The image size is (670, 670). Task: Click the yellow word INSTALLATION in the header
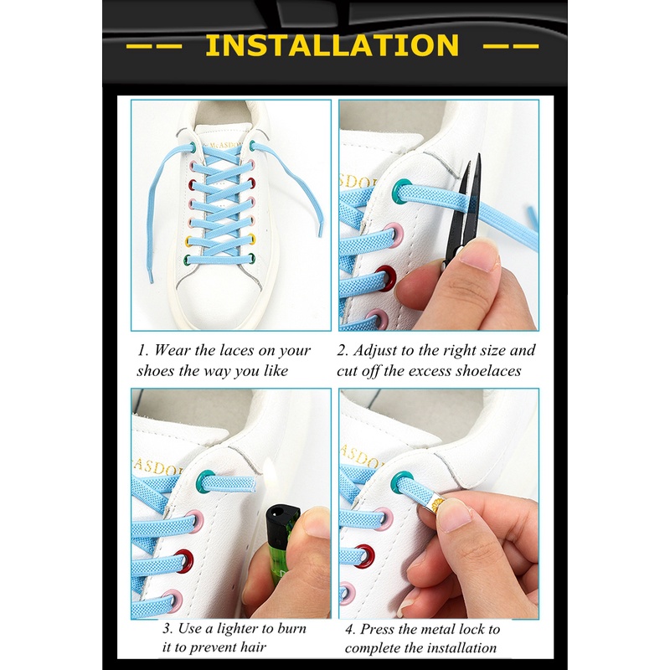pyautogui.click(x=332, y=45)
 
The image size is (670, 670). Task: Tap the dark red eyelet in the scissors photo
pyautogui.click(x=388, y=279)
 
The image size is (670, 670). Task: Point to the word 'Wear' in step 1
pyautogui.click(x=172, y=350)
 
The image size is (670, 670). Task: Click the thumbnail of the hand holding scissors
pyautogui.click(x=439, y=215)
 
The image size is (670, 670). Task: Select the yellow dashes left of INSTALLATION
pyautogui.click(x=155, y=46)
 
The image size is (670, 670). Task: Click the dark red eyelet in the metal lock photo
pyautogui.click(x=364, y=556)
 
